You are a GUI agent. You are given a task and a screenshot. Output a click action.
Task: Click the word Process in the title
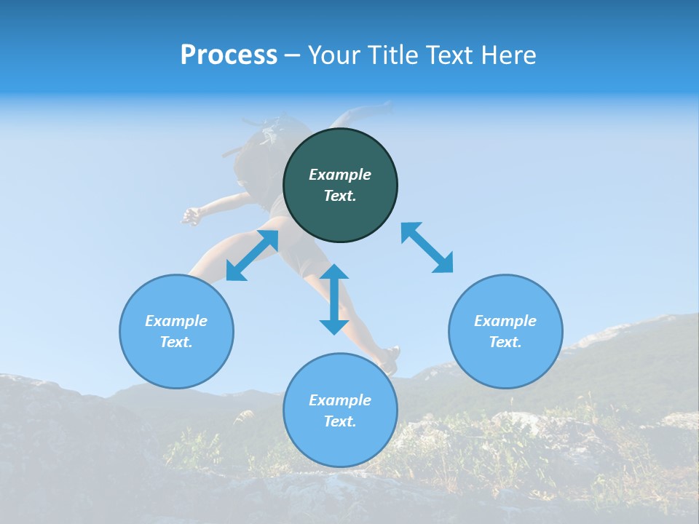click(x=229, y=55)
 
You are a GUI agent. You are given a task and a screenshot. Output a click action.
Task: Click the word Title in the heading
click(x=392, y=55)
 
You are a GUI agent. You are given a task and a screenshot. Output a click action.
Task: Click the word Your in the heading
click(x=335, y=55)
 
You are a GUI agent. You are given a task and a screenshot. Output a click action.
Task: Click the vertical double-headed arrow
click(x=334, y=299)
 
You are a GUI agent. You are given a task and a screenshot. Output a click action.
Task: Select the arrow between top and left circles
click(x=252, y=255)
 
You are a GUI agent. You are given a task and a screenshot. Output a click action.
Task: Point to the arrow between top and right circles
click(x=427, y=247)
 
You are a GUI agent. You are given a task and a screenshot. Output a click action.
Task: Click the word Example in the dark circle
click(x=340, y=175)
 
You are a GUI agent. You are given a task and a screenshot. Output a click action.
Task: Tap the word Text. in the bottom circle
click(x=340, y=421)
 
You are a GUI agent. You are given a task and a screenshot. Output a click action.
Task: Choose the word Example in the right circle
click(x=505, y=321)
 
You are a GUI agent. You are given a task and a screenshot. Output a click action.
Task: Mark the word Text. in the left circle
click(x=176, y=342)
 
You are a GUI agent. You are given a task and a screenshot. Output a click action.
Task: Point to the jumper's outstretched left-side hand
click(x=190, y=216)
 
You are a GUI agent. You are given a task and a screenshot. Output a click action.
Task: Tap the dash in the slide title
click(x=293, y=56)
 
